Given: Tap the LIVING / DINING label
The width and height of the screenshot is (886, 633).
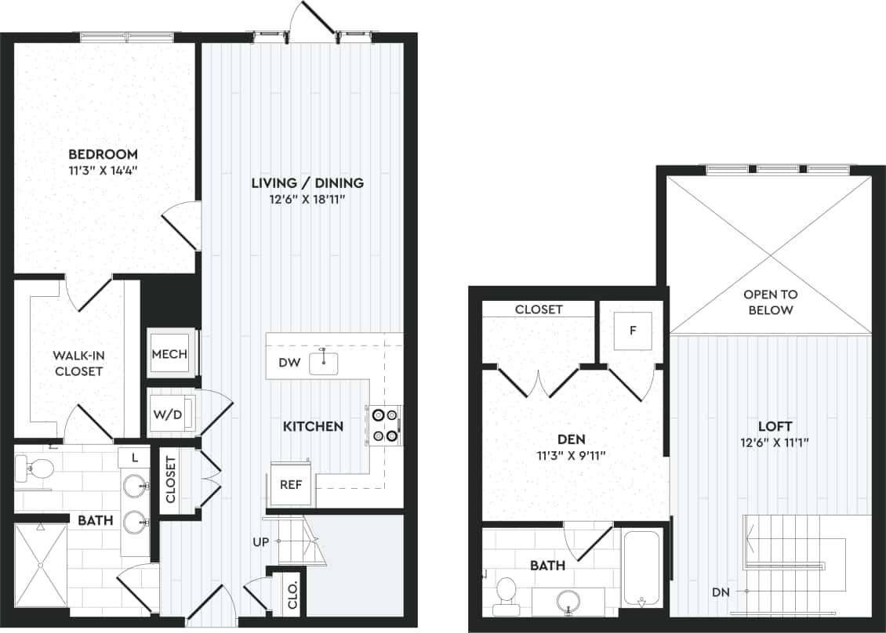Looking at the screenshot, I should (307, 183).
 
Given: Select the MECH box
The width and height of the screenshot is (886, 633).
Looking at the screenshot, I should (169, 354).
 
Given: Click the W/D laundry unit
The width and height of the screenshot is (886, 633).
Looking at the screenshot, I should (168, 414).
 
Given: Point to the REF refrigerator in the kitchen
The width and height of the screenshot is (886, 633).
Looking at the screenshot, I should (292, 483).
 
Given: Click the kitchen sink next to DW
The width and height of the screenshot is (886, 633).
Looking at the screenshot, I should (323, 363).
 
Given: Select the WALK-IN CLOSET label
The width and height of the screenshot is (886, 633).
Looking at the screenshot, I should (78, 364).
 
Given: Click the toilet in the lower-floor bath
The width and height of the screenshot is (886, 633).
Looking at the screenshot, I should (35, 470).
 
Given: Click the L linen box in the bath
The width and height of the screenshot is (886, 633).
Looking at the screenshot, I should (135, 457).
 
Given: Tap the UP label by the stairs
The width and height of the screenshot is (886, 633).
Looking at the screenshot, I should (262, 541).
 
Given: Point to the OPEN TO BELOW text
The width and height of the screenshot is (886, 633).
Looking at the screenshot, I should (770, 302).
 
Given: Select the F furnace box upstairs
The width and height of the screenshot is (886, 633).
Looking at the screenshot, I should (633, 331).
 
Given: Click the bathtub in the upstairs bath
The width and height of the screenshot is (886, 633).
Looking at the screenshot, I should (641, 568).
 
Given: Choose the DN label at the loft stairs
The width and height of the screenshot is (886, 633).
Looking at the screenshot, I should (721, 592).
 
